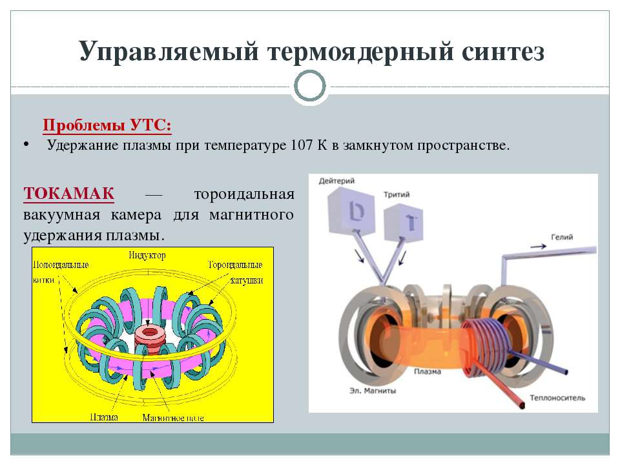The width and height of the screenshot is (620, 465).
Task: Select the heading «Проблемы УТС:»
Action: (107, 125)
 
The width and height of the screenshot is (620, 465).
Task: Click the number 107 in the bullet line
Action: (302, 145)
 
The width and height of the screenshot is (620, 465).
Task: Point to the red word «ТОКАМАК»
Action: (69, 193)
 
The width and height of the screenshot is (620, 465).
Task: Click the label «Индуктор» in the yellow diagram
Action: (147, 256)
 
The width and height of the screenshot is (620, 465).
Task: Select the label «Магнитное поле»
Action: (173, 418)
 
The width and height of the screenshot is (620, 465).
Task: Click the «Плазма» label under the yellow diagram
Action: (104, 417)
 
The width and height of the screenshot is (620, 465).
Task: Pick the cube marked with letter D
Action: (351, 211)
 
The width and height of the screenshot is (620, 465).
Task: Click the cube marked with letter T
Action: (403, 222)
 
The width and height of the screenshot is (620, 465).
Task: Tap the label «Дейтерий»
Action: (337, 181)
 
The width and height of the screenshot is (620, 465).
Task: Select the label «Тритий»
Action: (397, 194)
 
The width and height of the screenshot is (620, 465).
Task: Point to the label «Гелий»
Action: (562, 237)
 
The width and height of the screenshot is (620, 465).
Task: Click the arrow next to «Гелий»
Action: (538, 246)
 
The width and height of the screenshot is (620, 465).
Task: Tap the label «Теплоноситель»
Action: (557, 398)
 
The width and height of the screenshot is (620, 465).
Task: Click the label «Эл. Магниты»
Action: (373, 391)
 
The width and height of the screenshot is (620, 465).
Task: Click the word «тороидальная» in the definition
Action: (244, 194)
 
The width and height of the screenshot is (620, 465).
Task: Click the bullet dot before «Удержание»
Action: (26, 144)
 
